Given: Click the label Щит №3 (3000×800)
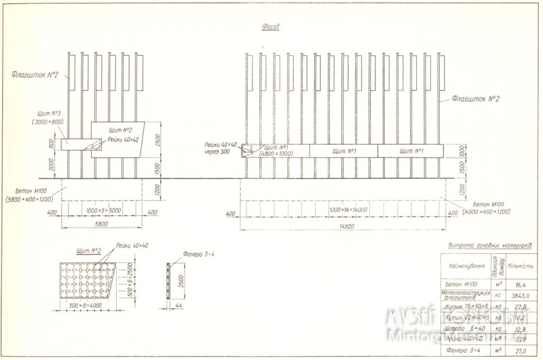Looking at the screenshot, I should (x=48, y=117).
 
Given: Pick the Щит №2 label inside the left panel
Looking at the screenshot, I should (x=120, y=128).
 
